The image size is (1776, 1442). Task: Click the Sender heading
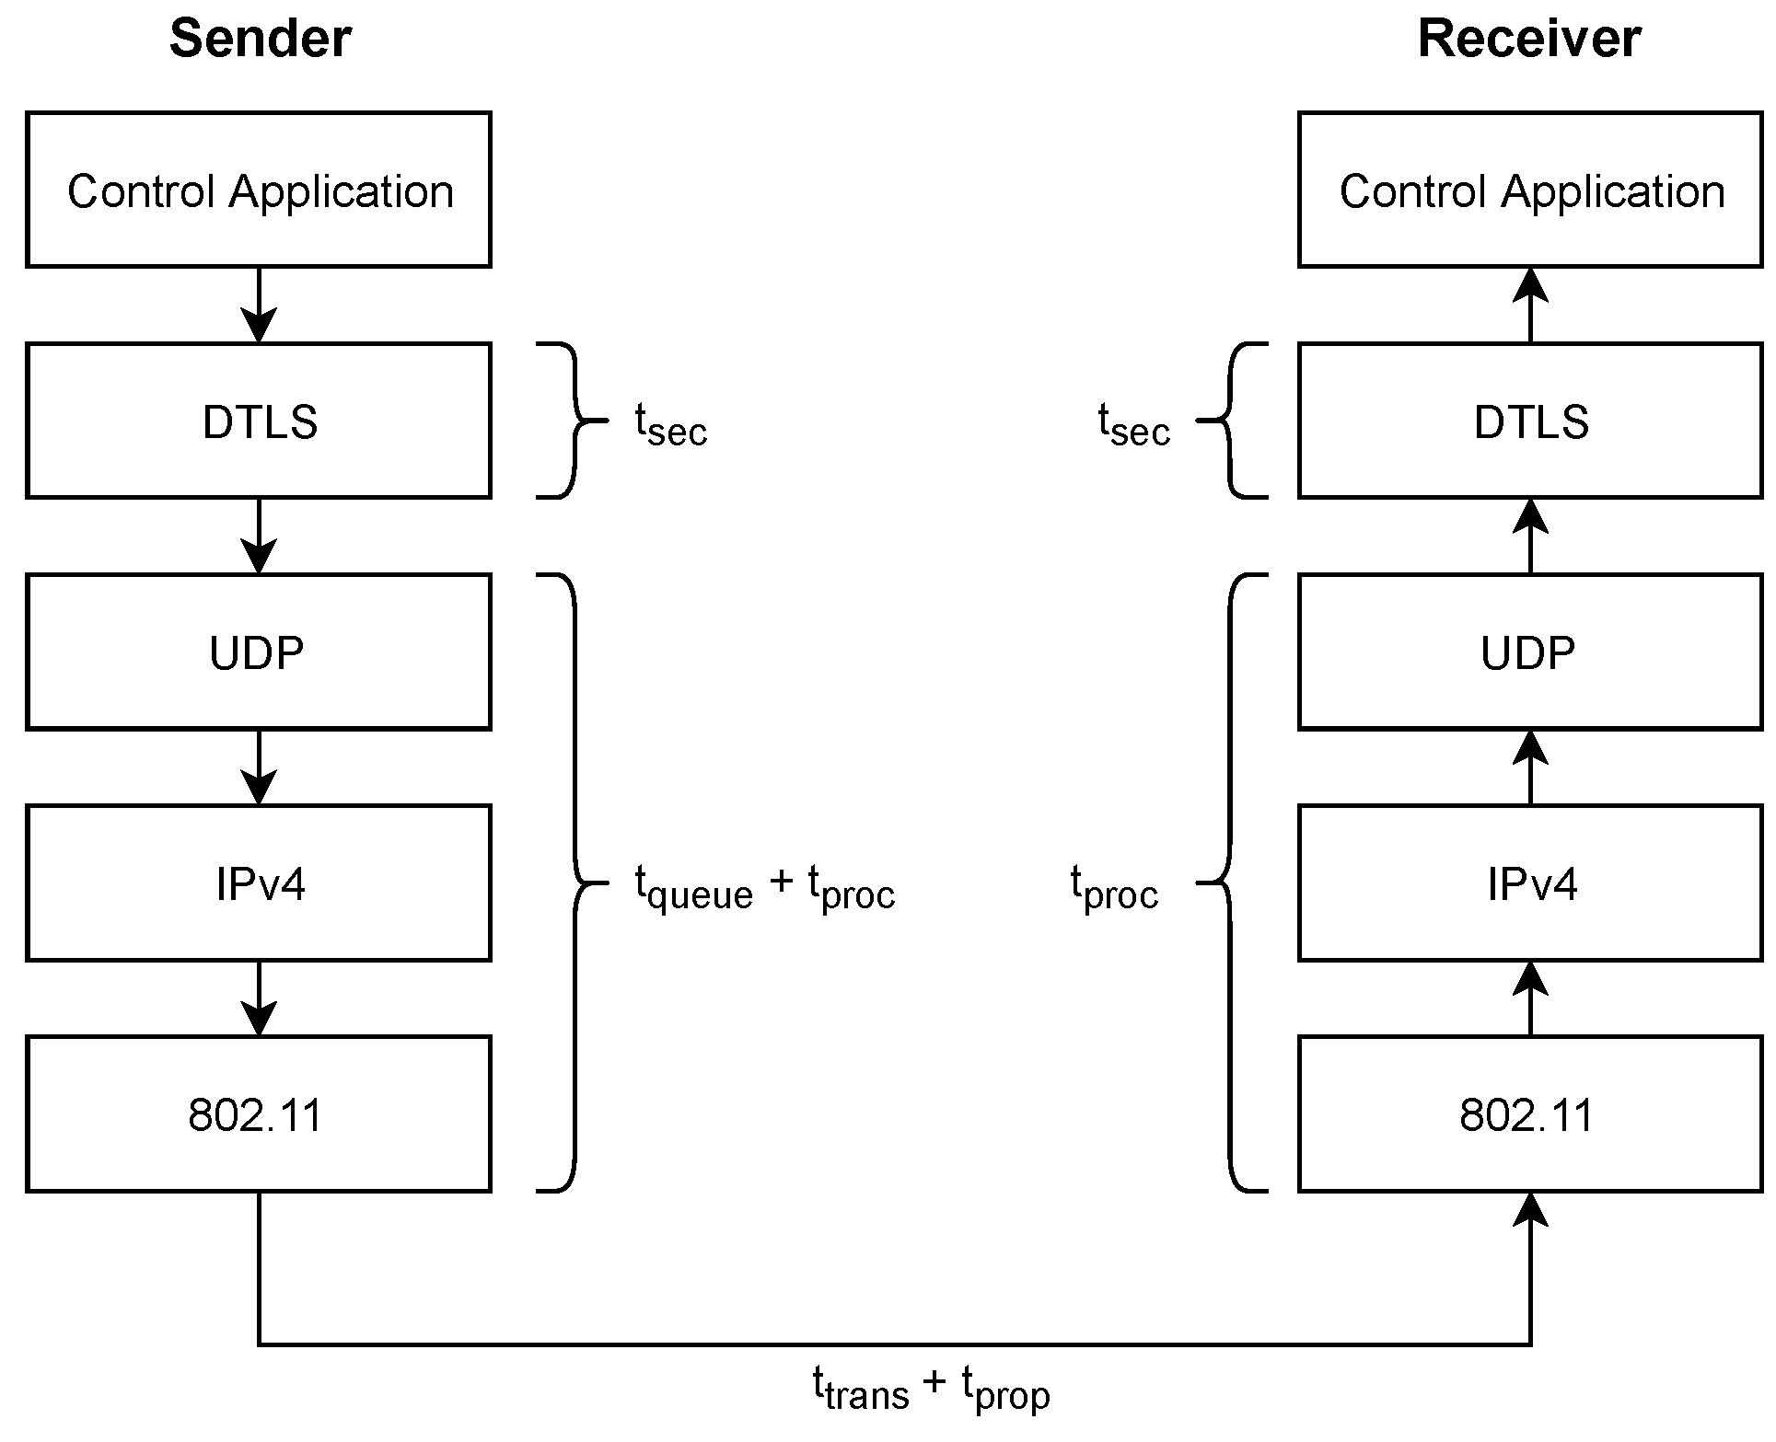[x=260, y=40]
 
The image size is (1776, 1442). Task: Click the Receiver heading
[x=1528, y=40]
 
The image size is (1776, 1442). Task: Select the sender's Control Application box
[x=259, y=190]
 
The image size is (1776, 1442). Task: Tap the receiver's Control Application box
[x=1530, y=190]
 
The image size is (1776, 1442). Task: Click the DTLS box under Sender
[x=259, y=421]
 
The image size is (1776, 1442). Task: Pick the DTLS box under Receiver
[x=1530, y=421]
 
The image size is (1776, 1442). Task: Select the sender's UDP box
[x=259, y=652]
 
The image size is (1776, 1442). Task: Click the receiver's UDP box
[x=1530, y=652]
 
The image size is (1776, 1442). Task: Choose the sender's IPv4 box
[x=259, y=883]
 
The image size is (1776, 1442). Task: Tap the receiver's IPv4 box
[x=1530, y=883]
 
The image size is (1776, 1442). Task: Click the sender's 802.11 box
[x=259, y=1113]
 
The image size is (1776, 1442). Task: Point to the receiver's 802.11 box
[x=1530, y=1113]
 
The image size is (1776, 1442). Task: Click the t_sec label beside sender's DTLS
[x=670, y=425]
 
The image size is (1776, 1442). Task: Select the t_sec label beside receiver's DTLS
[x=1133, y=425]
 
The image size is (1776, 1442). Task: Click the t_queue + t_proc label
[x=764, y=887]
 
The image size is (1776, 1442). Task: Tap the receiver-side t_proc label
[x=1114, y=887]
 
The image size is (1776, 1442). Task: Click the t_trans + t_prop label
[x=931, y=1388]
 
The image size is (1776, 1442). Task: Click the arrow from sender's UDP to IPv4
[x=259, y=768]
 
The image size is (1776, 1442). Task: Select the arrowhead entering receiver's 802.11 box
[x=1530, y=1210]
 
